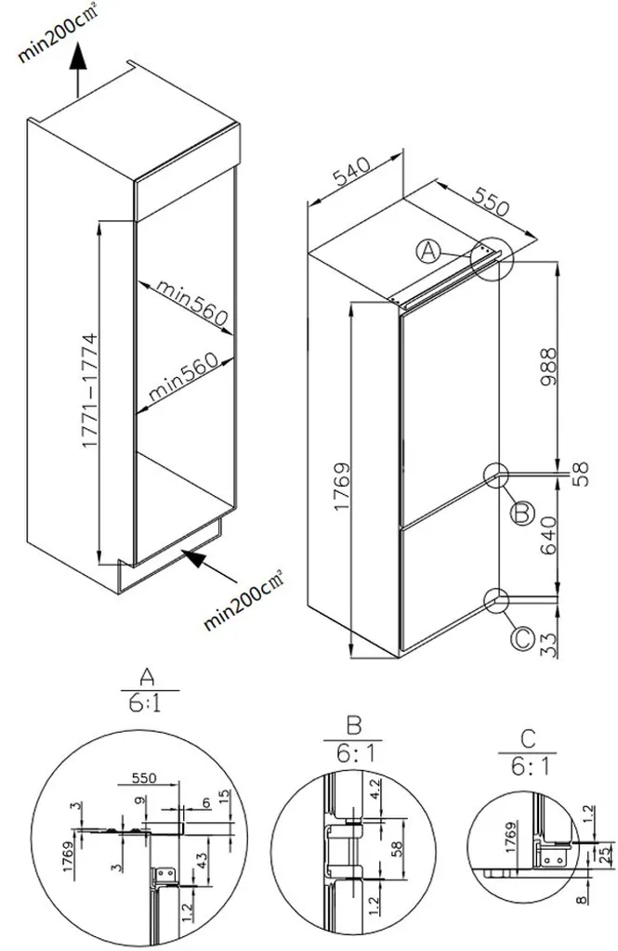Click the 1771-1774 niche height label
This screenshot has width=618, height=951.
tap(89, 392)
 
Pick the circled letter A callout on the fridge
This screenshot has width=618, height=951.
tap(427, 250)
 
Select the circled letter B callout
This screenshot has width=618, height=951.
tap(521, 511)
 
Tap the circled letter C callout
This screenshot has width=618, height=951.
tap(521, 639)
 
